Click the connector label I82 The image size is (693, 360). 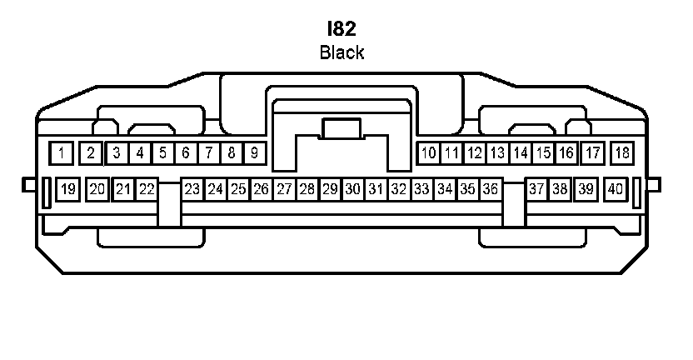click(342, 30)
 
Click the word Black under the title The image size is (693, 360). click(342, 52)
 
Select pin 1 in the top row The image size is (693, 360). click(61, 152)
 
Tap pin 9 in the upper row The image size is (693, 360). click(255, 152)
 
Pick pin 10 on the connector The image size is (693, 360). click(428, 152)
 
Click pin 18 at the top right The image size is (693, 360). click(622, 152)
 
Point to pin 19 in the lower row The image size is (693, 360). click(68, 189)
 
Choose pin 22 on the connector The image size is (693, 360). click(147, 189)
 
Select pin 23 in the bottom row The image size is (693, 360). click(192, 189)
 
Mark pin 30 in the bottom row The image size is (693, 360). click(352, 189)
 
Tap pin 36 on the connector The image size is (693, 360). click(490, 189)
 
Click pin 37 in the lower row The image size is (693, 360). click(536, 189)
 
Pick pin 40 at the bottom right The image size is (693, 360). click(616, 189)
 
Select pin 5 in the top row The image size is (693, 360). click(163, 152)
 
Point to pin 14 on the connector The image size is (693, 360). click(521, 152)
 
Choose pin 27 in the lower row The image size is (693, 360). click(284, 189)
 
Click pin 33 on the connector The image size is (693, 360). click(421, 189)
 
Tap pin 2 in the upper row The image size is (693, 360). click(91, 152)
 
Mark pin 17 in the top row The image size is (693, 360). click(593, 152)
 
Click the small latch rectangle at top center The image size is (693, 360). click(342, 129)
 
